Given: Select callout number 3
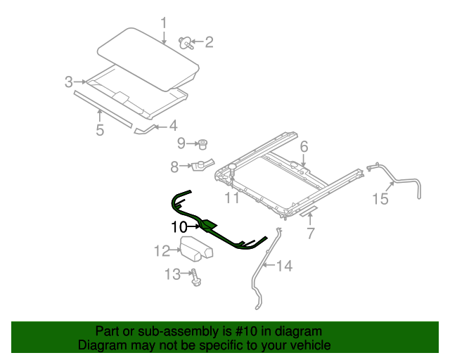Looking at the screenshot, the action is [x=69, y=82].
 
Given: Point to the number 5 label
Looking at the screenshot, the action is [x=100, y=130].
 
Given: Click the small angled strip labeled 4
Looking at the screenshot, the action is [x=146, y=130].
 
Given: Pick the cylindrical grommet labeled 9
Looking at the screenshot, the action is [x=203, y=144].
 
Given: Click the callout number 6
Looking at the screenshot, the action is [x=304, y=146].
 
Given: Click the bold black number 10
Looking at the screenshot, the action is [x=179, y=227].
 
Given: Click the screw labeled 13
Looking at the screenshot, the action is [x=196, y=278].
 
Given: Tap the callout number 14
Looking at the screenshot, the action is [x=284, y=266].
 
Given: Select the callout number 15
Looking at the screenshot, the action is [x=380, y=199].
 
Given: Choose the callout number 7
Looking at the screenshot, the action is [x=311, y=233].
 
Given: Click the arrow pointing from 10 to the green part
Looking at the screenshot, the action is [x=193, y=227].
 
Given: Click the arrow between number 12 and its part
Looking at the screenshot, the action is [x=176, y=250].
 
